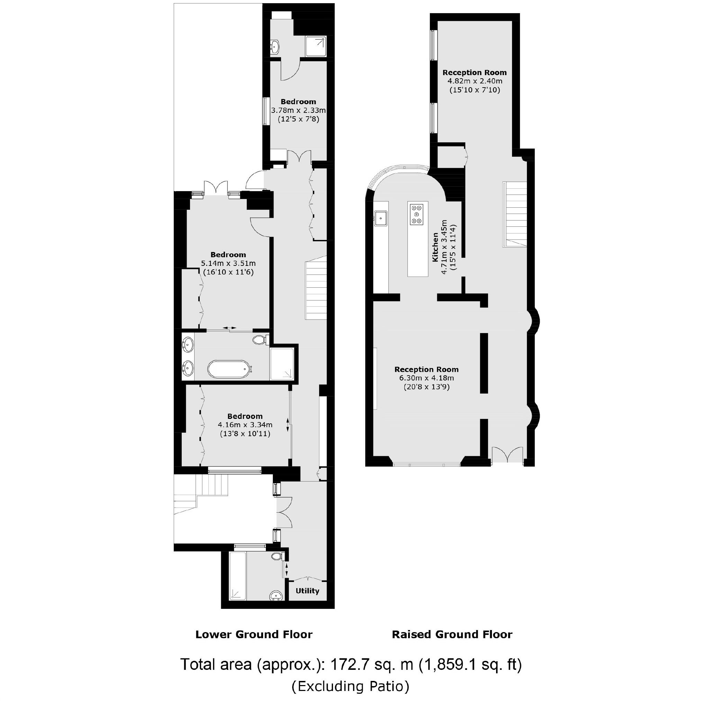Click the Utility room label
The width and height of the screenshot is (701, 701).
(x=307, y=591)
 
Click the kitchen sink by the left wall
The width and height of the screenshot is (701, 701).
(x=380, y=218)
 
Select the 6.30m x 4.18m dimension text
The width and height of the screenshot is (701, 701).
(x=426, y=378)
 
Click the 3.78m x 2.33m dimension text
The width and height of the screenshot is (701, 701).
(x=298, y=110)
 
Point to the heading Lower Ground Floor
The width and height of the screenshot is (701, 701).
(x=254, y=634)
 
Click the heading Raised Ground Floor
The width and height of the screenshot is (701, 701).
(x=452, y=634)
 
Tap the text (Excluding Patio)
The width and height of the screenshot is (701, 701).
(x=350, y=686)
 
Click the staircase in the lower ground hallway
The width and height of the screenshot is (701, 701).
(x=316, y=290)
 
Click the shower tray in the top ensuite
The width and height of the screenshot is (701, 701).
(x=316, y=46)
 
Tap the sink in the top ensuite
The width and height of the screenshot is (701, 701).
(x=275, y=46)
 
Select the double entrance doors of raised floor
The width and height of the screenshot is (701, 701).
(x=507, y=455)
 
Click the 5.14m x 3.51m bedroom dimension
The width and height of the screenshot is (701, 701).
(x=228, y=263)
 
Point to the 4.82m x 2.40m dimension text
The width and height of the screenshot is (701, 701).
(x=474, y=81)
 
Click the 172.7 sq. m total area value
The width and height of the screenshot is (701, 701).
(x=372, y=664)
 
